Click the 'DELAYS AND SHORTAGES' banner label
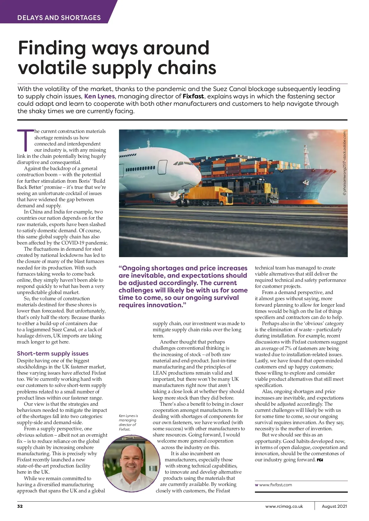(x=59, y=18)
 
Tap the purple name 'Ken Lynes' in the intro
(x=99, y=96)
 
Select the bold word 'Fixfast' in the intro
(x=193, y=96)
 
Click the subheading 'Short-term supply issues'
(x=53, y=353)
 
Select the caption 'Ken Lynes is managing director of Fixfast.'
(x=128, y=422)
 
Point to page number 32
(x=20, y=506)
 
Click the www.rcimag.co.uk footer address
(x=284, y=506)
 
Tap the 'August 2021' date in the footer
(x=334, y=506)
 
